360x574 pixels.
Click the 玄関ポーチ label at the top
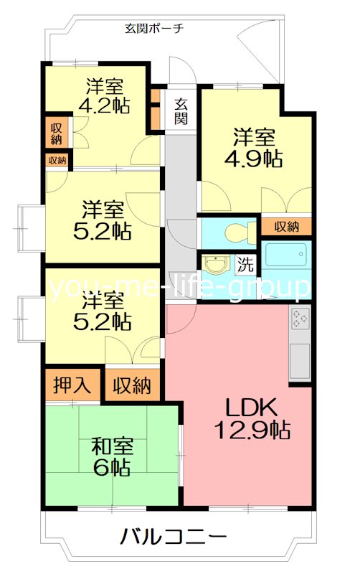click(154, 29)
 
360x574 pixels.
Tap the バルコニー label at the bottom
click(174, 536)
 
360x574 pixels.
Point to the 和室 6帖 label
click(110, 457)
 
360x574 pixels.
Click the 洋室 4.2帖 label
click(104, 96)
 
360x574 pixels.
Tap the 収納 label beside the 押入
click(132, 386)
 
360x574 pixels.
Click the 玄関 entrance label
click(181, 110)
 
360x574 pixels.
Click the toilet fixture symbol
click(236, 231)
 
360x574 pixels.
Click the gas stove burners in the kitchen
click(300, 319)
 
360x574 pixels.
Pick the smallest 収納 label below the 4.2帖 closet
click(57, 160)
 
